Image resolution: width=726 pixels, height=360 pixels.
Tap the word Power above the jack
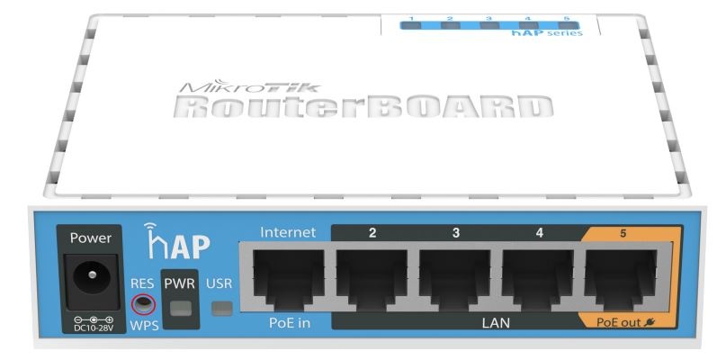click(x=90, y=239)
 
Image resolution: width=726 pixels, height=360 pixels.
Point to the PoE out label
click(x=620, y=321)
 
